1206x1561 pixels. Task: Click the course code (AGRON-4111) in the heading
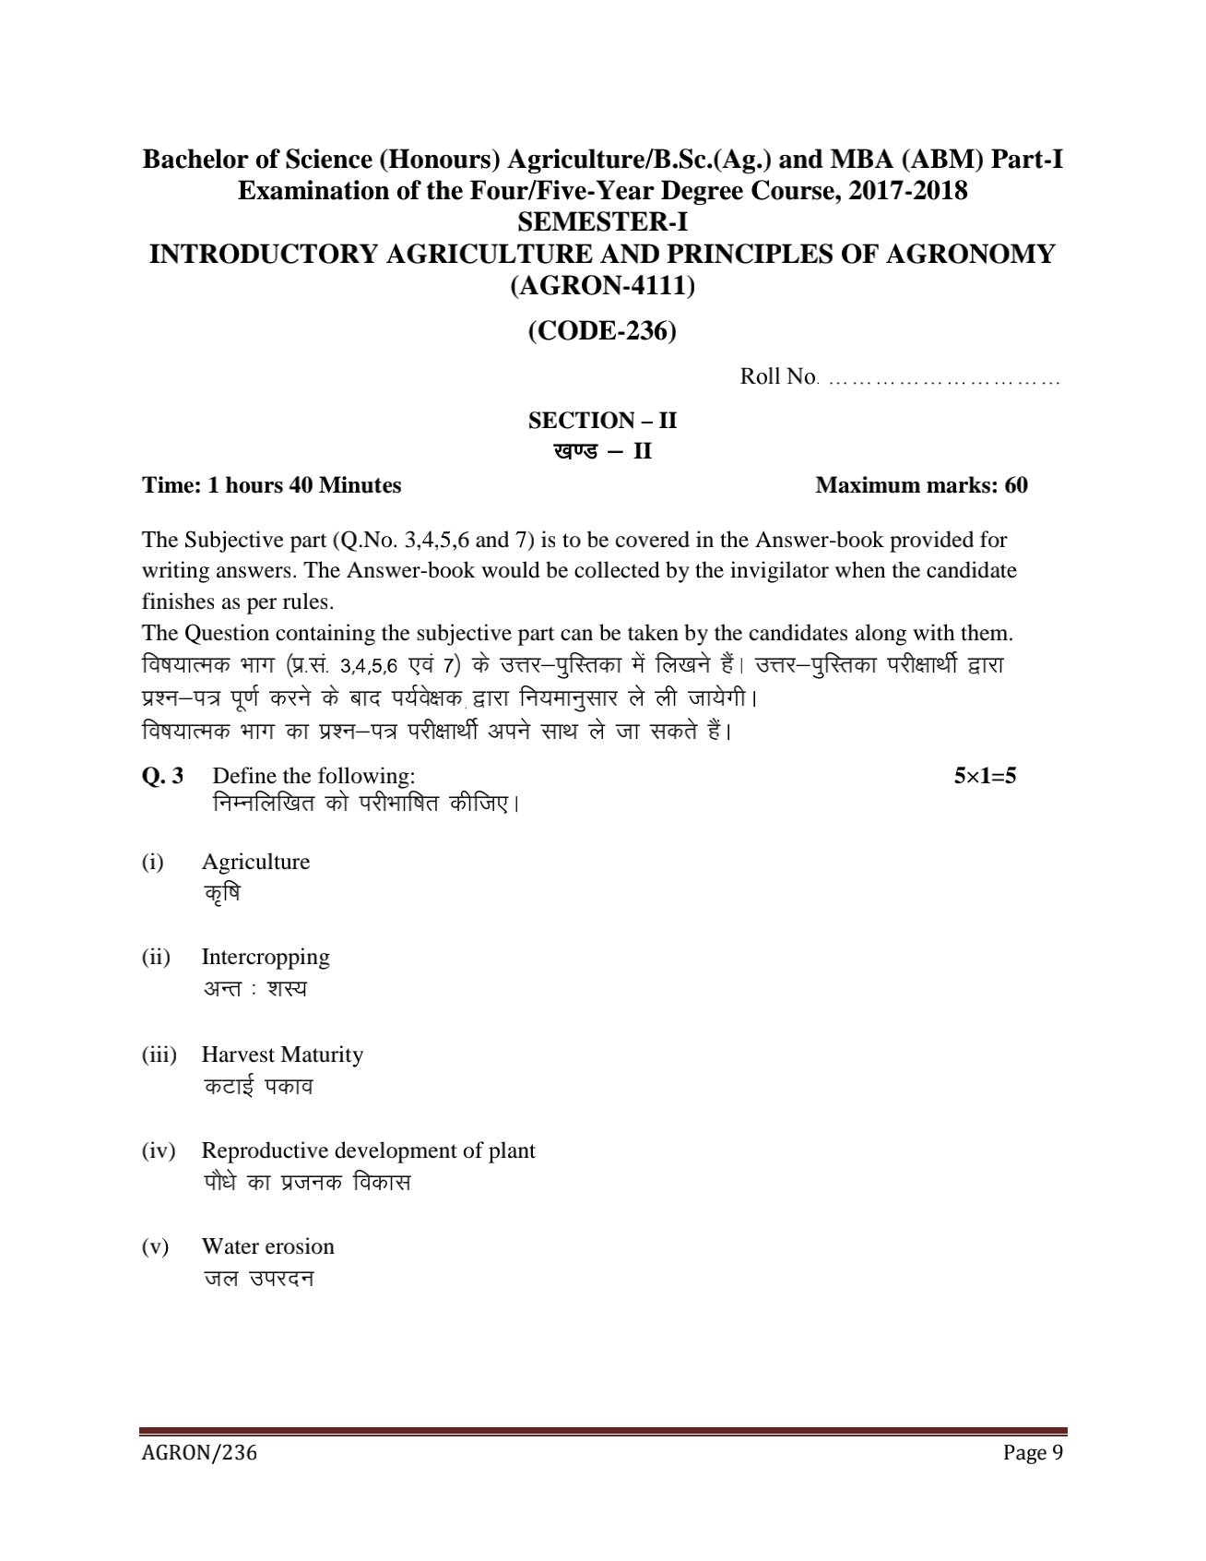coord(602,286)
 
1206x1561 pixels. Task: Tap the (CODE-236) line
coord(602,331)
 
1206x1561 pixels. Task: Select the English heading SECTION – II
coord(602,421)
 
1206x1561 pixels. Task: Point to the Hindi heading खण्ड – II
coord(602,452)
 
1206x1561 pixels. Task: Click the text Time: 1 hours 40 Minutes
coord(272,485)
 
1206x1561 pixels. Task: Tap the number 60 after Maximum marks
coord(1016,485)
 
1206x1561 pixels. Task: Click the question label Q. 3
coord(162,776)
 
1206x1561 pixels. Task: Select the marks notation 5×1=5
coord(985,776)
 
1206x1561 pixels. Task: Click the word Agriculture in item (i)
coord(255,862)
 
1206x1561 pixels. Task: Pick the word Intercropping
coord(266,957)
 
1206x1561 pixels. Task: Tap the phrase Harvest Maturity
coord(282,1055)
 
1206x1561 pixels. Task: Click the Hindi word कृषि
coord(221,894)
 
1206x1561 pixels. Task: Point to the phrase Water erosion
coord(267,1246)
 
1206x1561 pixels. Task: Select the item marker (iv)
coord(158,1150)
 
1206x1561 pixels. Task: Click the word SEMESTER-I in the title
coord(602,222)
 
